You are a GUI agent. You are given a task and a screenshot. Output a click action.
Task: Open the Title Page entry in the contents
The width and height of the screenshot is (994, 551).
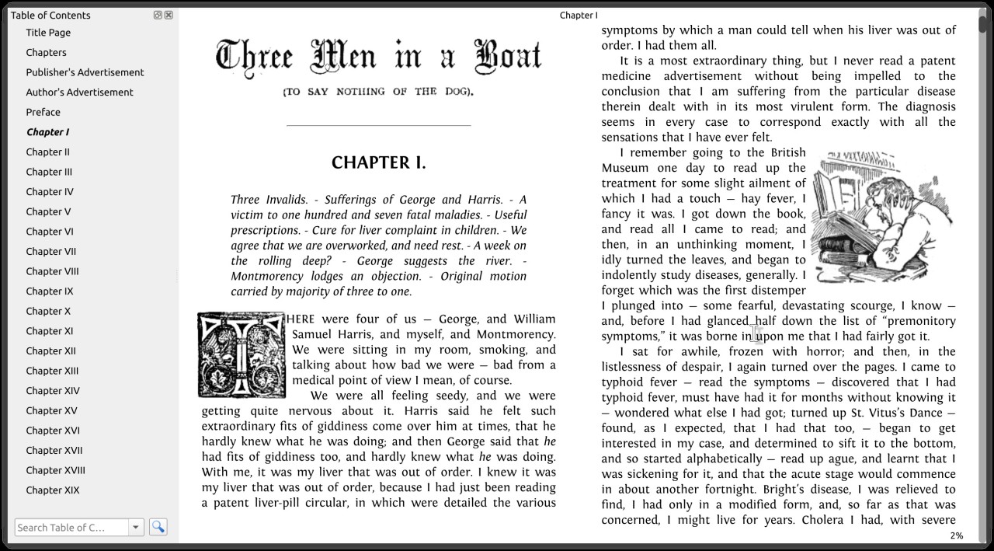[x=48, y=33]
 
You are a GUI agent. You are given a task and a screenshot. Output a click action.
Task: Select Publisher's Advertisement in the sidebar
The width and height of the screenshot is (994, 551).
[x=85, y=72]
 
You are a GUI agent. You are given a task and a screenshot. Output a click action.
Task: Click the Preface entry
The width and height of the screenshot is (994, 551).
[x=43, y=112]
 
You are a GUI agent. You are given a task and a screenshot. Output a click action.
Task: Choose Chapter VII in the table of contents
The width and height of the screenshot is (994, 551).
[x=50, y=251]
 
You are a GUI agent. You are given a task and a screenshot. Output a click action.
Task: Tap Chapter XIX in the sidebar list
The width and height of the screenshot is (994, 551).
[x=52, y=490]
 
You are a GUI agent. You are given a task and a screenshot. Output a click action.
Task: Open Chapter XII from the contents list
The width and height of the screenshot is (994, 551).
[x=50, y=351]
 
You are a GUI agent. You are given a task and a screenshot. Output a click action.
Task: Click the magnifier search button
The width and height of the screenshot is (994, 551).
[x=158, y=527]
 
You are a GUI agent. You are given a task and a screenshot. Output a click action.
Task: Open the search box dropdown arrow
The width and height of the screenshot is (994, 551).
[x=136, y=528]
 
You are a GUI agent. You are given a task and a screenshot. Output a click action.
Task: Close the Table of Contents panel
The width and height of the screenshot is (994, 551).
[x=169, y=15]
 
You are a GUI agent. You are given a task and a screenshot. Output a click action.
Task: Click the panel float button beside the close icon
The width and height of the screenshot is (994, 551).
[x=158, y=15]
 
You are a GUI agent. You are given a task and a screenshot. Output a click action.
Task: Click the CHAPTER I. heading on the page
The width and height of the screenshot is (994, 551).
[x=378, y=162]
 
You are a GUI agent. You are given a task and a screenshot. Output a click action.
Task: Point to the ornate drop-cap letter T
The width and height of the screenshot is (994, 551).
[x=242, y=354]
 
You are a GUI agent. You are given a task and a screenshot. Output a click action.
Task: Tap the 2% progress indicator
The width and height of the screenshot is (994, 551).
[x=956, y=535]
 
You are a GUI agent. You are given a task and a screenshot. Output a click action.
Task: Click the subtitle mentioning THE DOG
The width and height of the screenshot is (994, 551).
[x=378, y=92]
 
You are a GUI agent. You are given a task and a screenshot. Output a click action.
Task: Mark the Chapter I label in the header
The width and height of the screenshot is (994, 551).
[x=579, y=15]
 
